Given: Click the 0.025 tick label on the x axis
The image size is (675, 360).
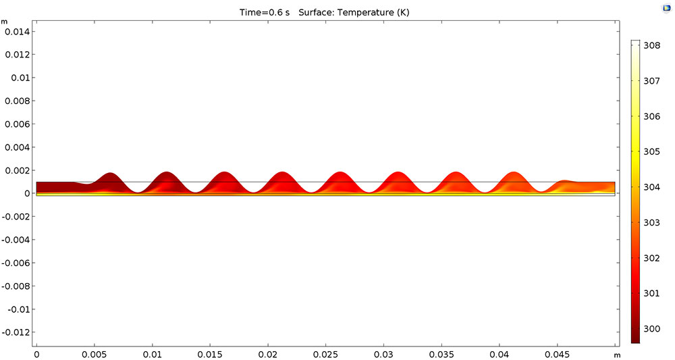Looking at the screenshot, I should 326,354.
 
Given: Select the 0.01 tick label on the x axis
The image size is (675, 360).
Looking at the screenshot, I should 153,354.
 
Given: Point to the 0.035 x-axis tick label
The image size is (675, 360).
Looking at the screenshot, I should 442,354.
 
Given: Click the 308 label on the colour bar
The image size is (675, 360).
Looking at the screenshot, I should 651,46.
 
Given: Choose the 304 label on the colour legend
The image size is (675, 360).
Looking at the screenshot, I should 651,187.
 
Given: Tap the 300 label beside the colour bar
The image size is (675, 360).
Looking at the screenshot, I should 651,328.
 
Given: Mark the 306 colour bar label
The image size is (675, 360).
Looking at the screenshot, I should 651,117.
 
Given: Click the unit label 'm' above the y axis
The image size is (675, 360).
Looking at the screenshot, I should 5,22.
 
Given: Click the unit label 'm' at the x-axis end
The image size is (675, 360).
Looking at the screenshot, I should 617,354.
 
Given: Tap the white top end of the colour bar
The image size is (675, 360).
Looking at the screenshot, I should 634,43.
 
